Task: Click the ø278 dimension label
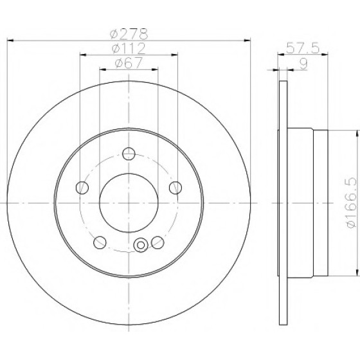(x=129, y=33)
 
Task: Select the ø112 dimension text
(x=129, y=48)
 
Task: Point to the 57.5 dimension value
(x=303, y=48)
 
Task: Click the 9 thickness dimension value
(x=303, y=64)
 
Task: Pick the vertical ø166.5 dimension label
(x=352, y=203)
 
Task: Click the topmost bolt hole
(x=129, y=154)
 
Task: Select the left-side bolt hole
(x=82, y=187)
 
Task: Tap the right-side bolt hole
(x=175, y=187)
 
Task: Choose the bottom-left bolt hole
(x=100, y=242)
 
